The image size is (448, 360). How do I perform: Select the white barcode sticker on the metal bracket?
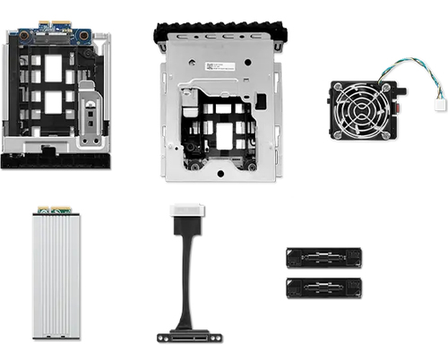(x=219, y=67)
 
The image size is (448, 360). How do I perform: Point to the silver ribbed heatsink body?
(x=56, y=277)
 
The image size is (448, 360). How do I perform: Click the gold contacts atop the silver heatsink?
(x=56, y=212)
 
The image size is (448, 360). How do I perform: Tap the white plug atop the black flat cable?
(x=187, y=211)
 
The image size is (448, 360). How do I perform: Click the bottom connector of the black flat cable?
(x=188, y=337)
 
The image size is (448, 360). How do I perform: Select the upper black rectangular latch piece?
(x=323, y=258)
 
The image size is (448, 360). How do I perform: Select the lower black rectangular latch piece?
(x=323, y=288)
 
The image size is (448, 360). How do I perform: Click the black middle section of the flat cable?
(x=185, y=269)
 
